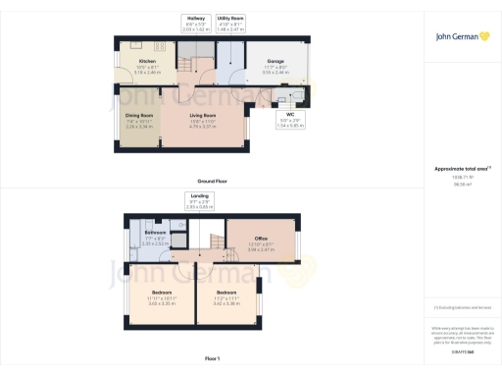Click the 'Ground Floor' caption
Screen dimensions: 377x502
point(212,182)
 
